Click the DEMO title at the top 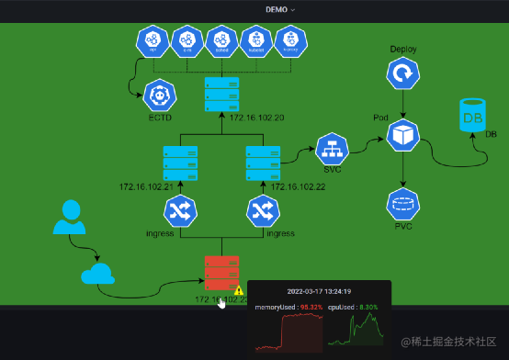[278, 8]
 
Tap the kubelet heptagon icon [256, 41]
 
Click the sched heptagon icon [221, 41]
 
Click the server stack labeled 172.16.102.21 [180, 163]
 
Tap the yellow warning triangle [239, 290]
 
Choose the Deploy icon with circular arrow [402, 73]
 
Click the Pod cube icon [402, 137]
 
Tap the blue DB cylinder [472, 115]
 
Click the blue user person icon [69, 217]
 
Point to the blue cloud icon [97, 274]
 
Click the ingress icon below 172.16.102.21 [180, 211]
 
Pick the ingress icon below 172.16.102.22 [264, 211]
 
